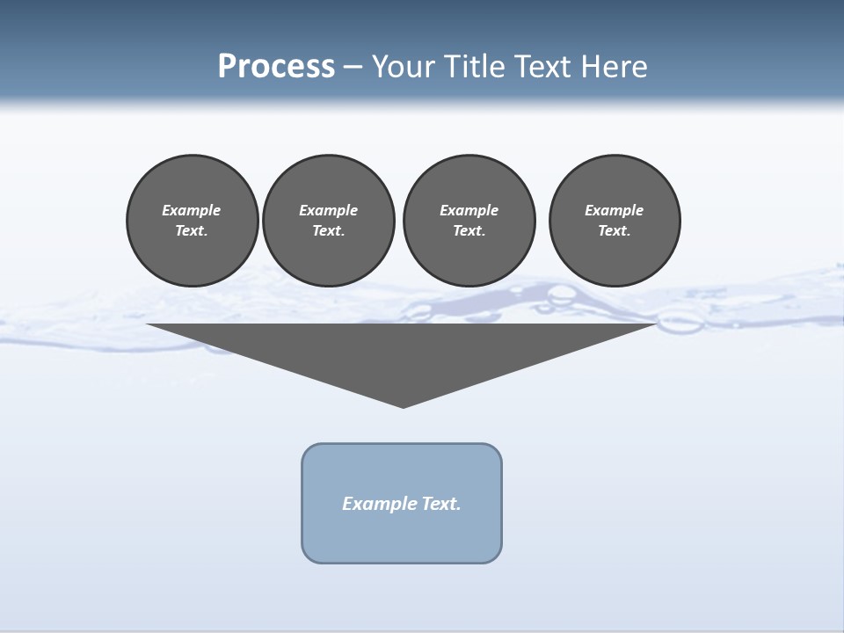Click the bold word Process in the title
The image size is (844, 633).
[x=276, y=67]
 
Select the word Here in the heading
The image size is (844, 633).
[x=614, y=67]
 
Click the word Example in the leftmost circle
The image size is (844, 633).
[x=192, y=210]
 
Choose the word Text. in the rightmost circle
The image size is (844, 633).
[x=615, y=231]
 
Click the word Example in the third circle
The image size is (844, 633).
[x=469, y=210]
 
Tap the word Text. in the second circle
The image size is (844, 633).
[x=328, y=231]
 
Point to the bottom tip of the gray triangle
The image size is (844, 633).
[x=403, y=405]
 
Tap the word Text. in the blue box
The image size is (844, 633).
[x=442, y=504]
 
